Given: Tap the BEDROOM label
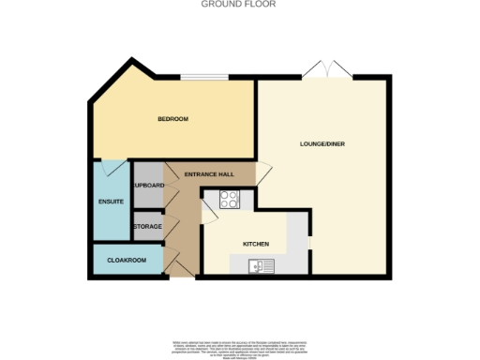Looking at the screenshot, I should pos(173,119).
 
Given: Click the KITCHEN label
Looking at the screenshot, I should pos(256,244).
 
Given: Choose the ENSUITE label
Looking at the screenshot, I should pos(112,202).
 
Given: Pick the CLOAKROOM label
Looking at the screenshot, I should pos(127,260).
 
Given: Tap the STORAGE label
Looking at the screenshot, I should pos(148,227).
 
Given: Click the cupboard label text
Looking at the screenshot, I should pos(149,186).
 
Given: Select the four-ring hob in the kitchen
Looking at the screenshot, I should pos(230,199).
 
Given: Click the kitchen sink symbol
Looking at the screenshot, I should pos(261,267).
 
